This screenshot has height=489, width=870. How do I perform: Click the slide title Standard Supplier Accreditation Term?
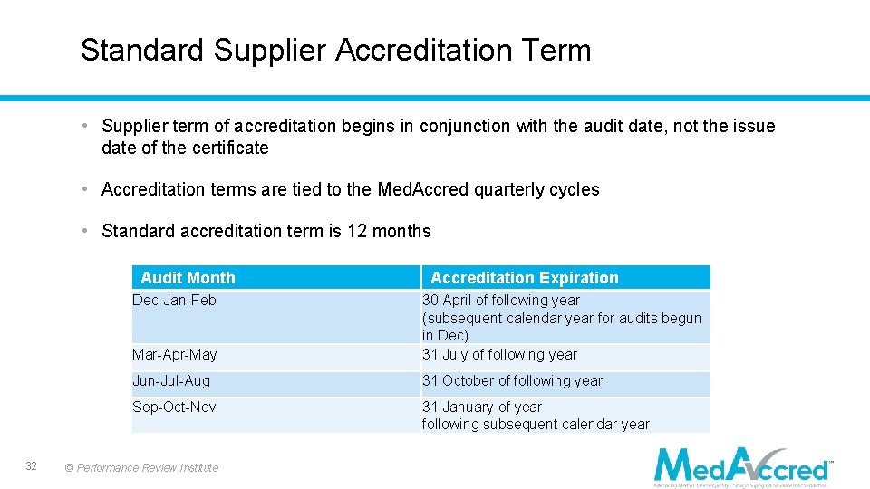(335, 50)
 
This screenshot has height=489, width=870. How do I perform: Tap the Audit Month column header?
(188, 278)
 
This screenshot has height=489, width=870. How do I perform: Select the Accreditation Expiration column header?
(524, 278)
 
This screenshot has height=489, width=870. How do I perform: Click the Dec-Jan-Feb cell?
(175, 300)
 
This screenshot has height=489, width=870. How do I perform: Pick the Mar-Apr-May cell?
(175, 354)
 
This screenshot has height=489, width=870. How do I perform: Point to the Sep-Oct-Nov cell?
(174, 407)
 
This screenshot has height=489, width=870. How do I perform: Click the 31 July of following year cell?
(499, 354)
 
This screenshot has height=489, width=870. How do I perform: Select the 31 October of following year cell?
(512, 381)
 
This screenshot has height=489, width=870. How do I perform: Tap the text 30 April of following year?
(500, 300)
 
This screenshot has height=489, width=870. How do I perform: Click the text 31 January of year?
(481, 407)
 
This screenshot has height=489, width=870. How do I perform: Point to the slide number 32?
(31, 465)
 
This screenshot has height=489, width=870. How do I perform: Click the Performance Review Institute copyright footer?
(142, 468)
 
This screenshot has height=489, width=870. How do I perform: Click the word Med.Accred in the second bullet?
(421, 189)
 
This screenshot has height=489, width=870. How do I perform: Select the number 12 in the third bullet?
(357, 231)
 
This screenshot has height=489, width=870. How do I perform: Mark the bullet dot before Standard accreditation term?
(82, 231)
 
